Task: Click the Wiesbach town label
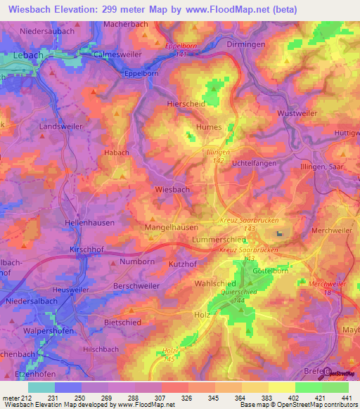point(172,190)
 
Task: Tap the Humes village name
point(209,128)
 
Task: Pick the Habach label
point(117,152)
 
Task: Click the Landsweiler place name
point(60,127)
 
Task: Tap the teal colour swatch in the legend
point(41,387)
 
